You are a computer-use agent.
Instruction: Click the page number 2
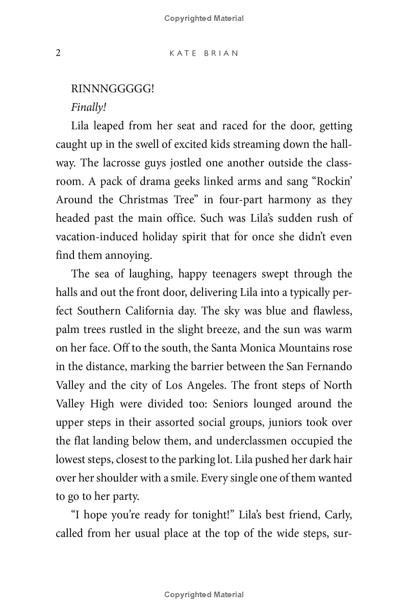(58, 53)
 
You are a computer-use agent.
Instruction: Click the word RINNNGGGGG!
(113, 89)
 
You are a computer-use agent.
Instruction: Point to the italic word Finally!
(88, 107)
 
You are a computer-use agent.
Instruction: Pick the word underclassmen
(256, 441)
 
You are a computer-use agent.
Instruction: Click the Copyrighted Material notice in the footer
(204, 594)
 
